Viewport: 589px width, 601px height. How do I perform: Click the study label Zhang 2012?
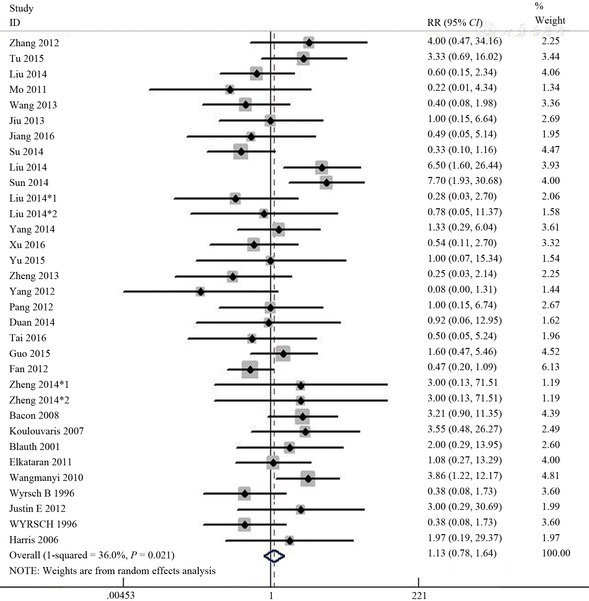coord(34,43)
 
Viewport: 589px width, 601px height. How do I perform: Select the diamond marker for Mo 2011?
coord(230,89)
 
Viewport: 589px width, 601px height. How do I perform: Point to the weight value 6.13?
coord(550,367)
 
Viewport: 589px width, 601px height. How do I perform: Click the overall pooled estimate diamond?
coord(274,556)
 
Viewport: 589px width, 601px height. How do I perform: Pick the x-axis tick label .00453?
coord(121,595)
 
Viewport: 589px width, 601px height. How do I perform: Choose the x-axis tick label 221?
coord(419,595)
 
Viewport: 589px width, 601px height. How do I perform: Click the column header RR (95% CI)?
coord(455,23)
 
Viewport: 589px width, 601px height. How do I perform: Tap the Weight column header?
coord(550,20)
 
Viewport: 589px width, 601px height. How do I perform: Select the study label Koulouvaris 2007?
coord(47,431)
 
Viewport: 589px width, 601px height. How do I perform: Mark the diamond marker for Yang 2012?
coord(200,292)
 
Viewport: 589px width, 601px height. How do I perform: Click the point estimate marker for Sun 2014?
coord(327,183)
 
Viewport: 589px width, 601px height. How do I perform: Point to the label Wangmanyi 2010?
coord(46,478)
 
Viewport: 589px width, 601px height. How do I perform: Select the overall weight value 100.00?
coord(556,553)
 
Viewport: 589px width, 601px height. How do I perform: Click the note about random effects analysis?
coord(112,571)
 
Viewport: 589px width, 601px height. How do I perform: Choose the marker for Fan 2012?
coord(250,370)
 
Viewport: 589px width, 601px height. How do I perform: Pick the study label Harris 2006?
coord(34,540)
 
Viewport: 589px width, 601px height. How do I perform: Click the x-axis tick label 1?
coord(271,595)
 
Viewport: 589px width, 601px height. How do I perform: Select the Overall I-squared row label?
coord(92,555)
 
